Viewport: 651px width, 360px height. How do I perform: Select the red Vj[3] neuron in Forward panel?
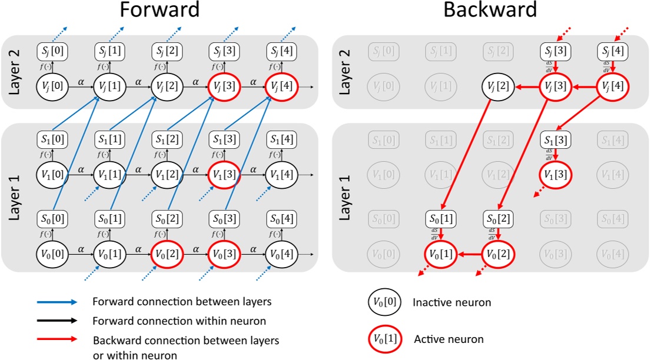tap(223, 86)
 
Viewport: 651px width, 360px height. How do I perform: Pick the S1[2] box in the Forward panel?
tap(167, 141)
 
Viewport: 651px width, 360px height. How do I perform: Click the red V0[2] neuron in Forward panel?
tap(167, 255)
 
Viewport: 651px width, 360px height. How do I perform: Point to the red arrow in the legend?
tap(57, 339)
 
